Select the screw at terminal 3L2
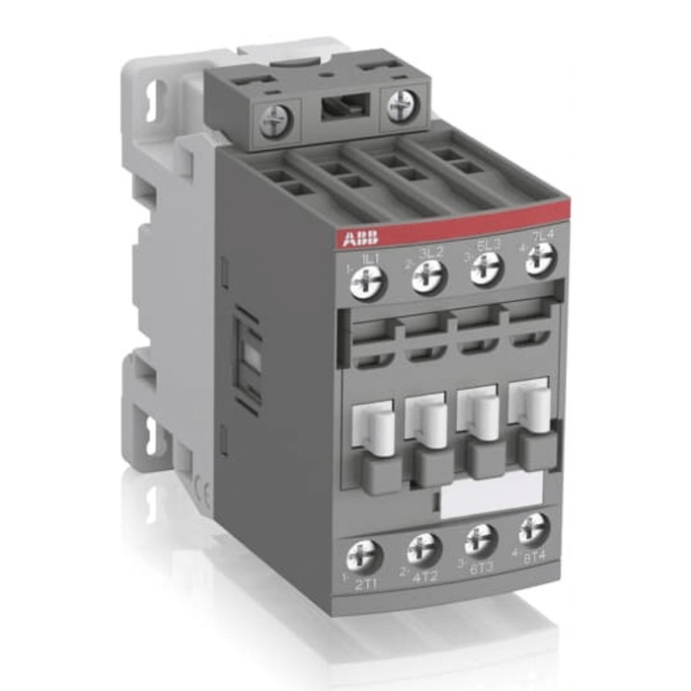tap(425, 277)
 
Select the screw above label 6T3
tap(482, 538)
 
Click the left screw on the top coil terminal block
tap(271, 121)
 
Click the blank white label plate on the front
tap(490, 499)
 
